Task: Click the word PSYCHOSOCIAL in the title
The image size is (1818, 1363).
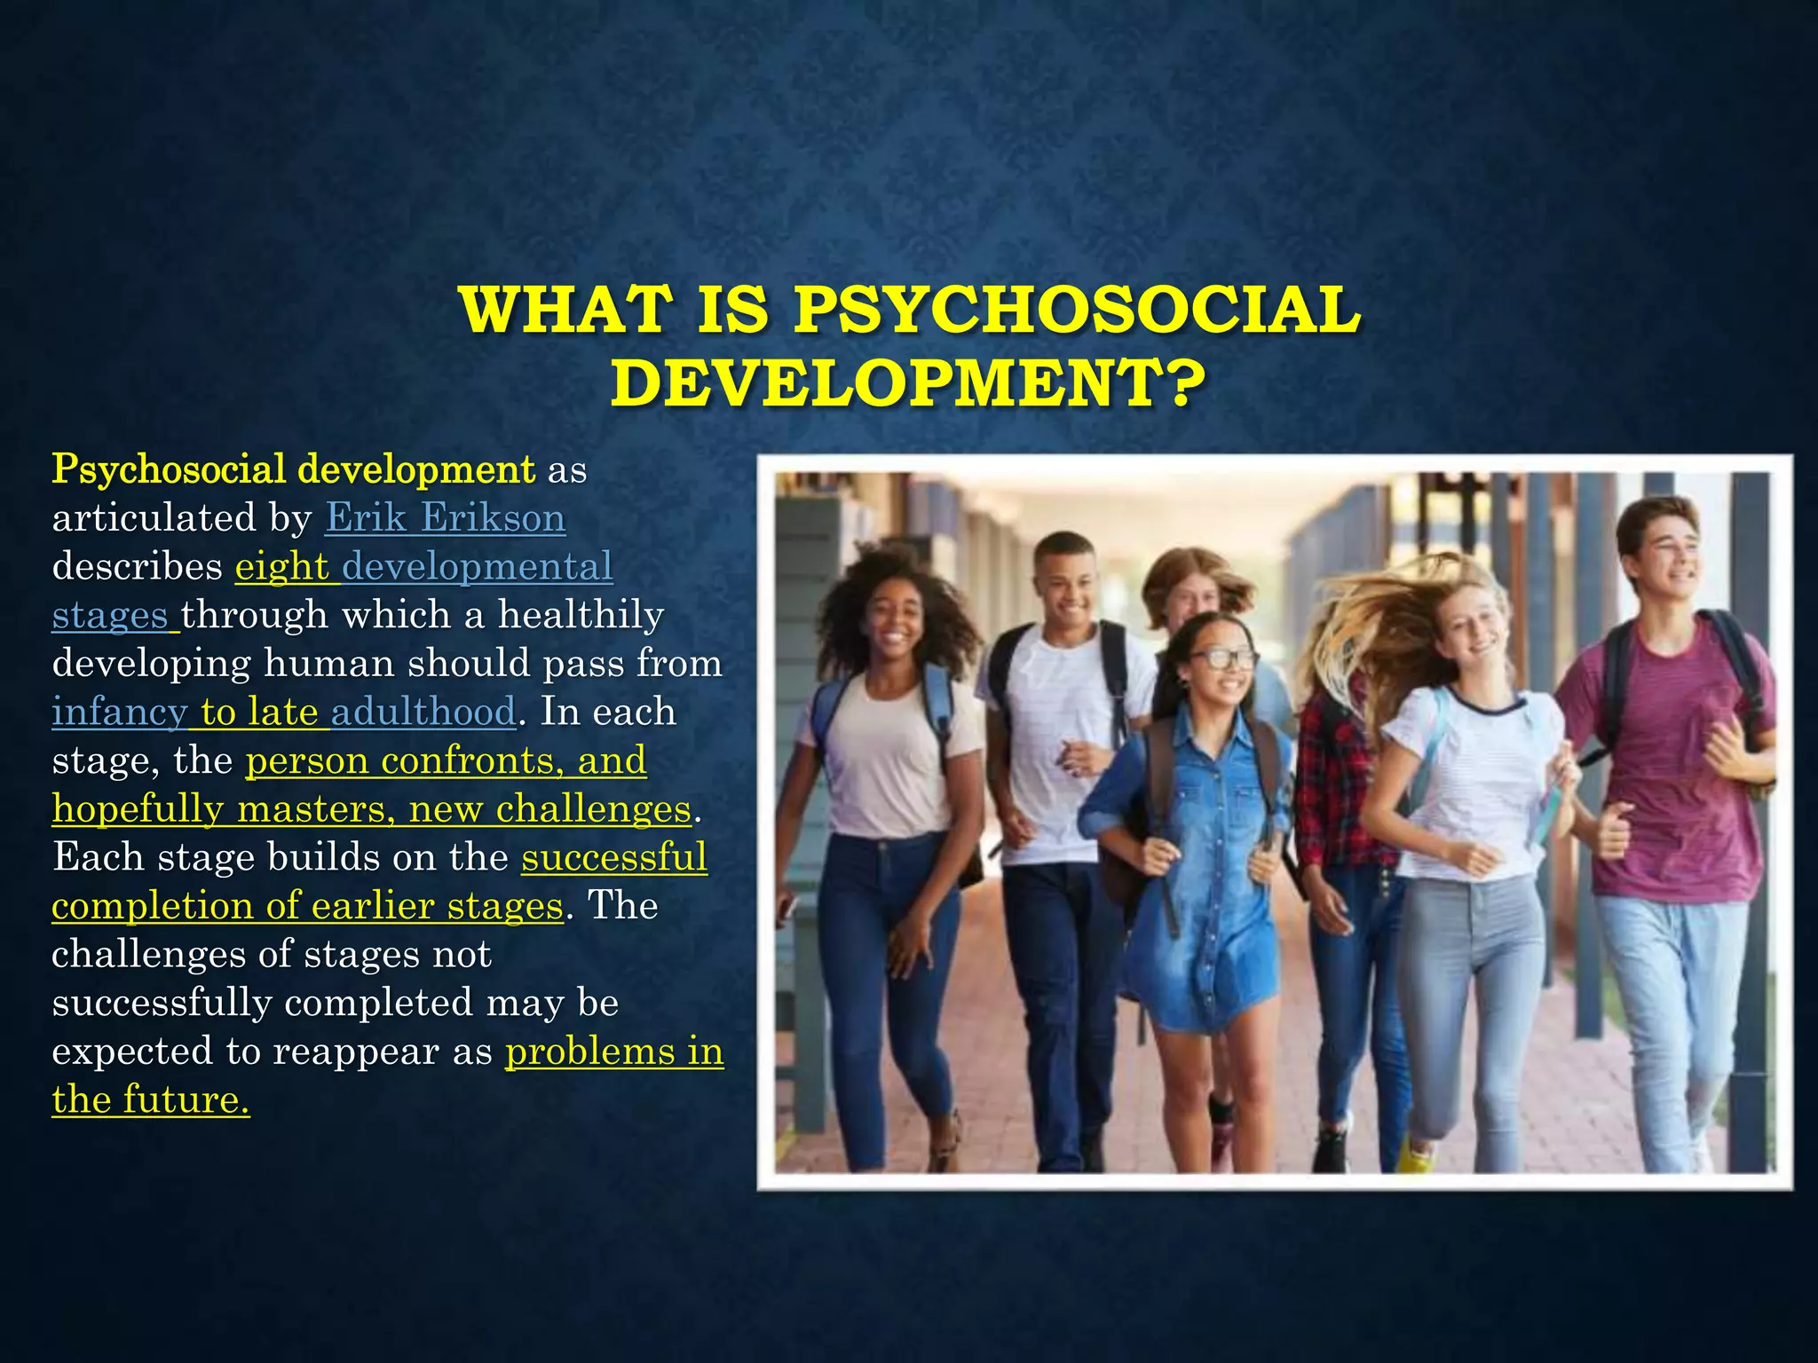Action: click(1077, 311)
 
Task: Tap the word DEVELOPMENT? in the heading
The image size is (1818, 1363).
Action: click(908, 383)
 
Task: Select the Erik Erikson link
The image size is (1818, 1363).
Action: click(445, 518)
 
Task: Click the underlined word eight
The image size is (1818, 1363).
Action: click(281, 567)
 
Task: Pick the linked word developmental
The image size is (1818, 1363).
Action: click(478, 567)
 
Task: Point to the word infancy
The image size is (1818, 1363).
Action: click(119, 713)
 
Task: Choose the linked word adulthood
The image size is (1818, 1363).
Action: click(423, 713)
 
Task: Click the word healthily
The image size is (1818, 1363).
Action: click(581, 615)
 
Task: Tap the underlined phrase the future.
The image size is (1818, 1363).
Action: click(150, 1100)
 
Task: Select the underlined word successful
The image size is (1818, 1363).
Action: click(614, 858)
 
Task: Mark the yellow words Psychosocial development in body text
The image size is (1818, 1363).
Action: click(293, 469)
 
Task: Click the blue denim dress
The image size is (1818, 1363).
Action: click(1198, 887)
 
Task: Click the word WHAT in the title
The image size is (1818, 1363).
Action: click(564, 311)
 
